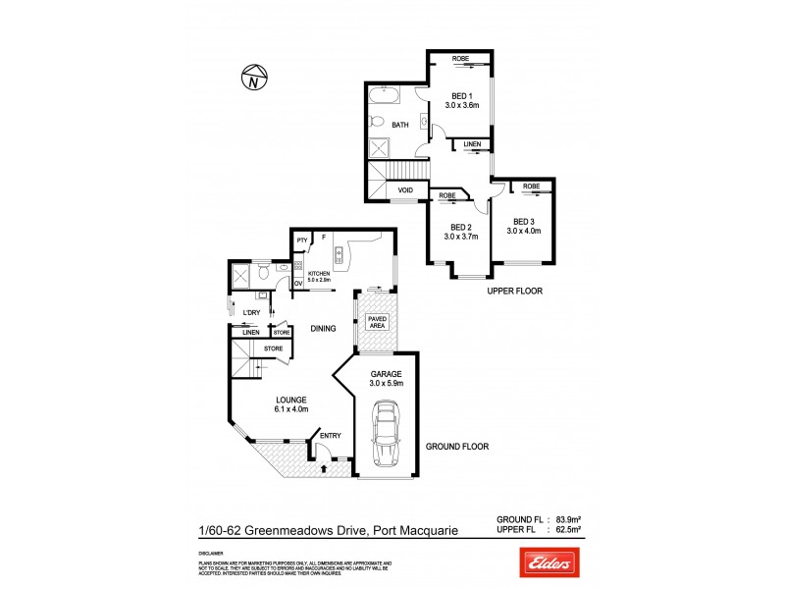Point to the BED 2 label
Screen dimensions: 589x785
(460, 227)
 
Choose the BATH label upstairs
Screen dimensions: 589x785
(400, 125)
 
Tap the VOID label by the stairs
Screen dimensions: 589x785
(404, 189)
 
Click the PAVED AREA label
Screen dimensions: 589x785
(377, 324)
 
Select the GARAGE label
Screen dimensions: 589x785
(385, 374)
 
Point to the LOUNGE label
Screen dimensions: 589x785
(291, 400)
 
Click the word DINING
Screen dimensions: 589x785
(324, 329)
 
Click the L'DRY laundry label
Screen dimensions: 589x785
(252, 312)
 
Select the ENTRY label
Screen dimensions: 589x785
(330, 436)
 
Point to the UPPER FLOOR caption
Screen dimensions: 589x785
(515, 292)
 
